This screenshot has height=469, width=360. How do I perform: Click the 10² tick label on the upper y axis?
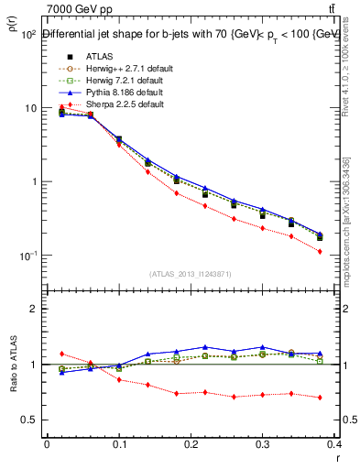pos(27,35)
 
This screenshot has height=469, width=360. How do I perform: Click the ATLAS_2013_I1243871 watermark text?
pos(191,274)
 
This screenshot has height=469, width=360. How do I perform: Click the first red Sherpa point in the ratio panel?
pos(61,354)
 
